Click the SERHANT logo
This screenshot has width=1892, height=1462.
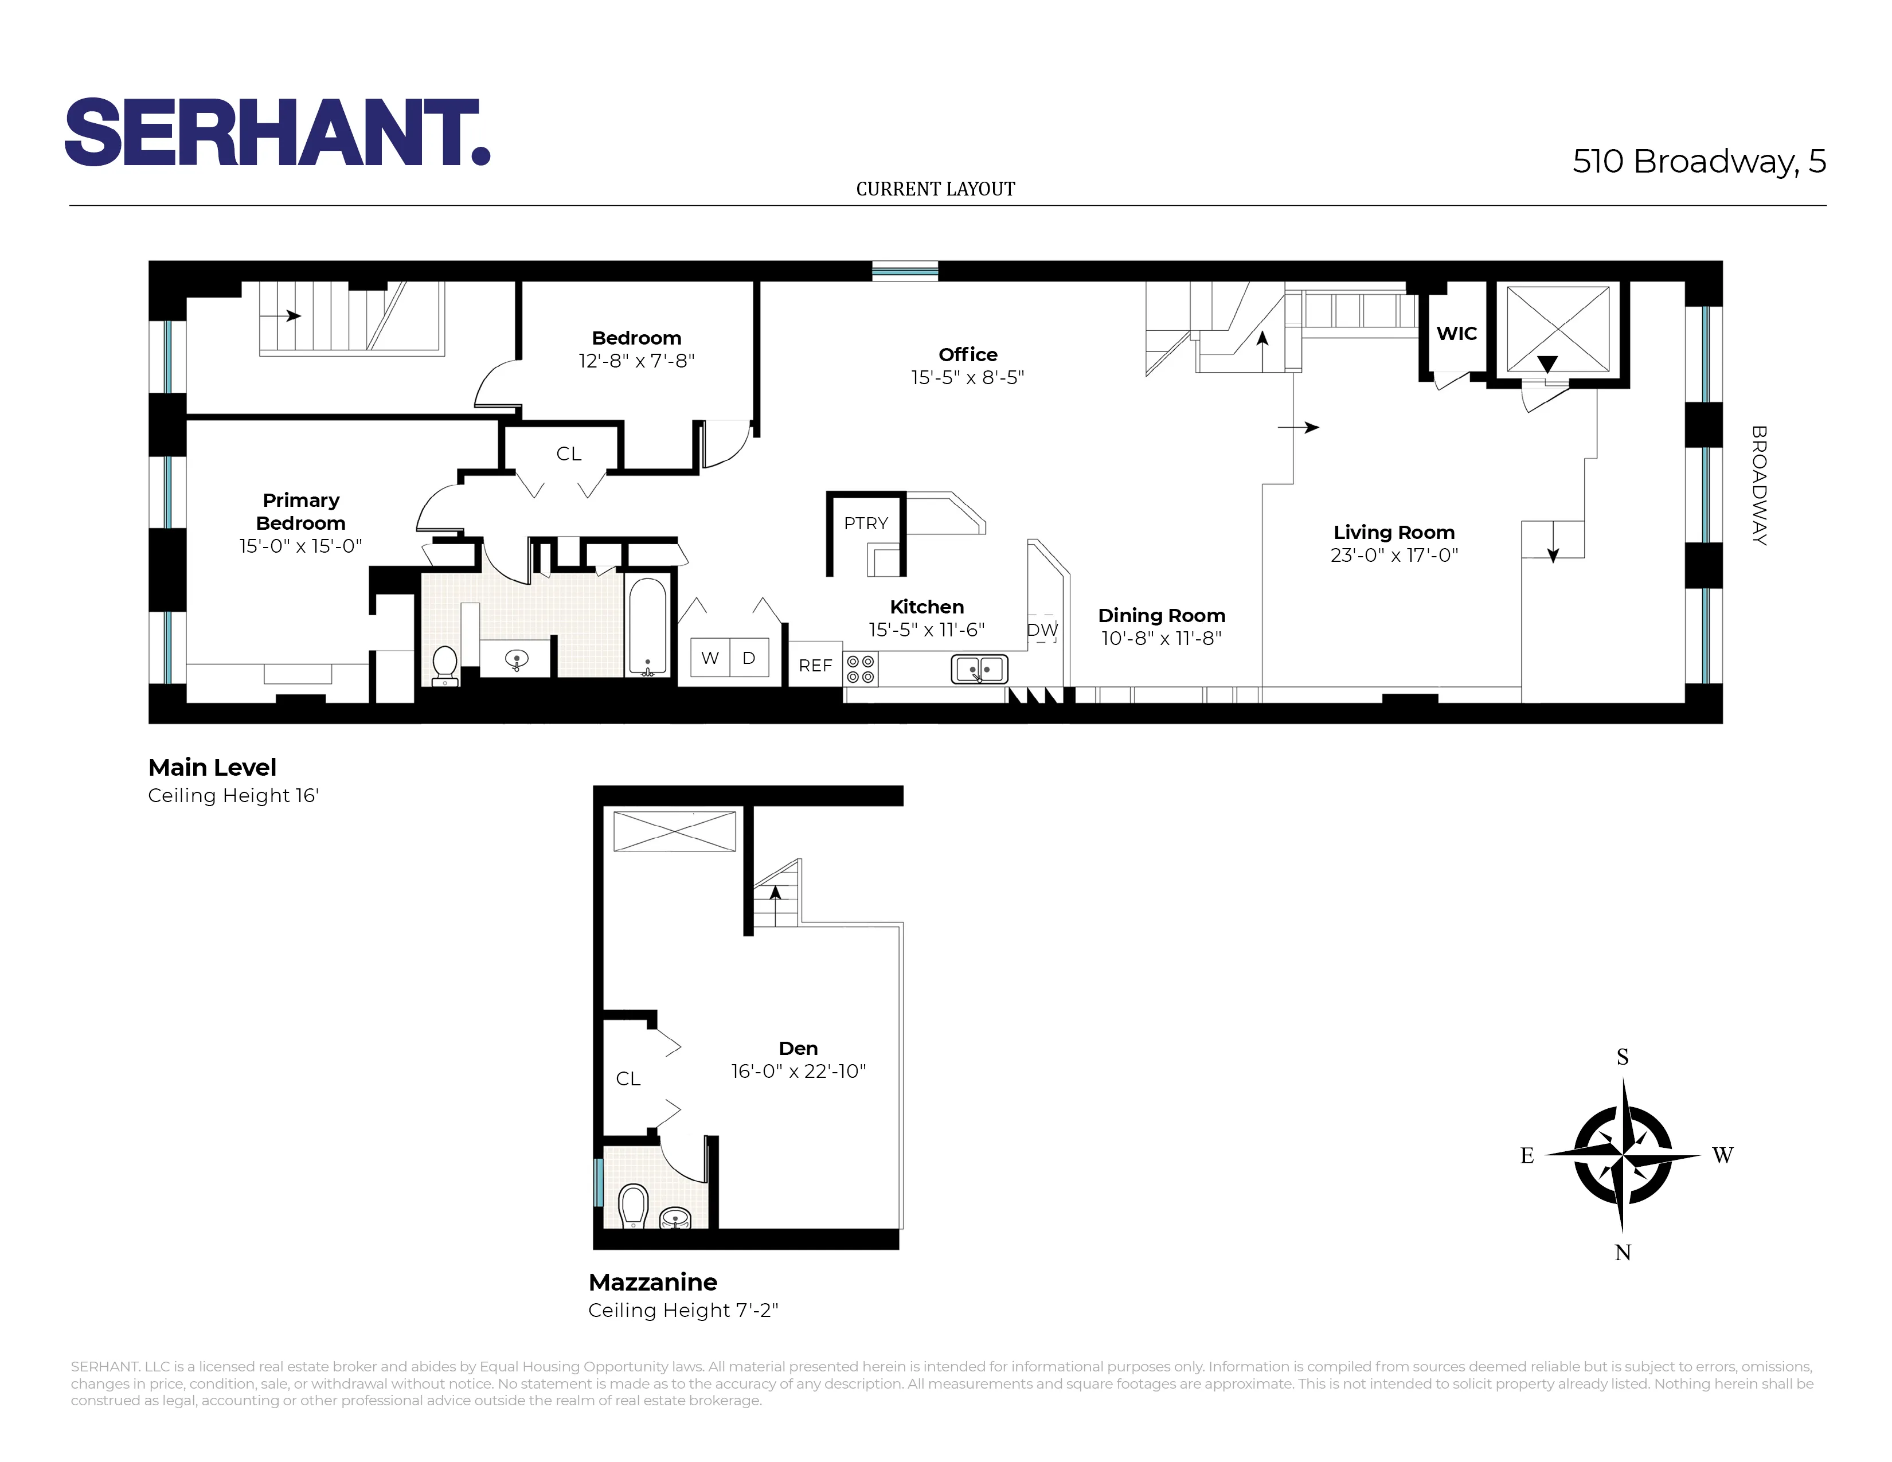277,132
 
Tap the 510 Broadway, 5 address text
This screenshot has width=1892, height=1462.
1698,161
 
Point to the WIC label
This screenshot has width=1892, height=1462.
1456,334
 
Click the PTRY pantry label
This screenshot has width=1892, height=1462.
865,523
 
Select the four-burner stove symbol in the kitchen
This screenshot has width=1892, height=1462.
860,669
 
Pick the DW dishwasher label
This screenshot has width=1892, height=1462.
1042,630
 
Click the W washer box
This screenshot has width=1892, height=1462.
710,658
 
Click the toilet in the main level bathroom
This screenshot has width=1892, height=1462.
444,665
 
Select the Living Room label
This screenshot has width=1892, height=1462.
1393,533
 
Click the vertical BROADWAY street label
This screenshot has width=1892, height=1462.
1758,485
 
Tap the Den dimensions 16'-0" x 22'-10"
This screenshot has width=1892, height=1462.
798,1072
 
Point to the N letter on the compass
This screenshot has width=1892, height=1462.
1623,1252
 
